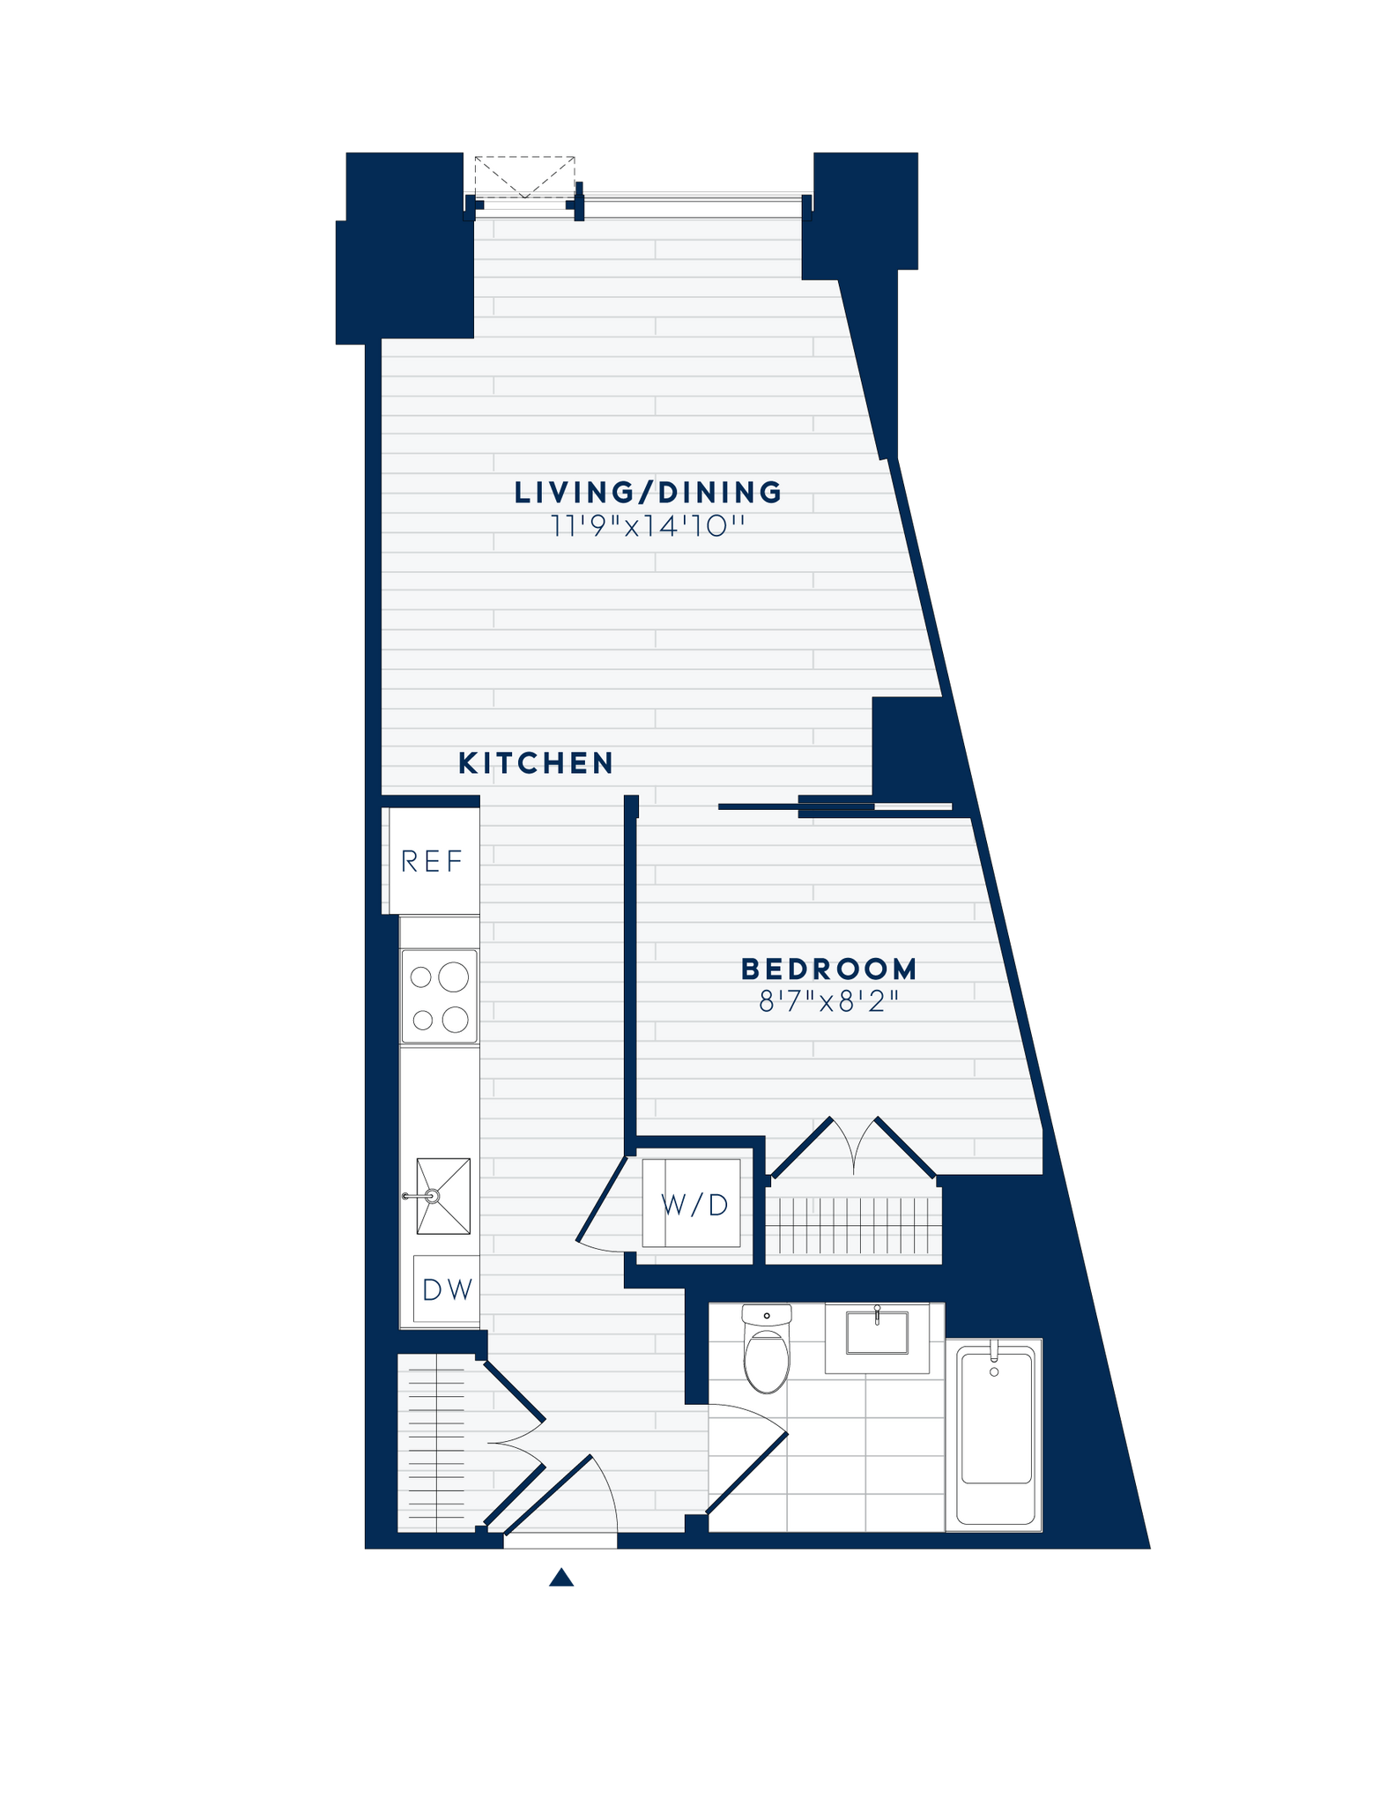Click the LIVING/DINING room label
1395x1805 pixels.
tap(648, 492)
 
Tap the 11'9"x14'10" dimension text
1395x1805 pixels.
tap(648, 526)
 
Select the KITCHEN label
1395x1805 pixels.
tap(536, 763)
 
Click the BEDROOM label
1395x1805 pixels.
tap(829, 969)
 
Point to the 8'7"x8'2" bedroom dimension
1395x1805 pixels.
tap(829, 1002)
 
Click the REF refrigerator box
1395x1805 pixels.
tap(432, 861)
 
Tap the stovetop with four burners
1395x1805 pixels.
tap(440, 997)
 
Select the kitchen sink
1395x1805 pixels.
tap(443, 1196)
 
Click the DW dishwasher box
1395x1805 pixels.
tap(447, 1289)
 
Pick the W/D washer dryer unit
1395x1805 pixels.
tap(693, 1203)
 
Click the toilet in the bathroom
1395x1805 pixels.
tap(766, 1349)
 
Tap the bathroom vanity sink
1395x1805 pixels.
tap(877, 1333)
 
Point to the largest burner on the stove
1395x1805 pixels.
tap(454, 976)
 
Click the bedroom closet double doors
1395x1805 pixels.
tap(853, 1146)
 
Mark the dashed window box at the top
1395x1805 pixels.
tap(524, 177)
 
